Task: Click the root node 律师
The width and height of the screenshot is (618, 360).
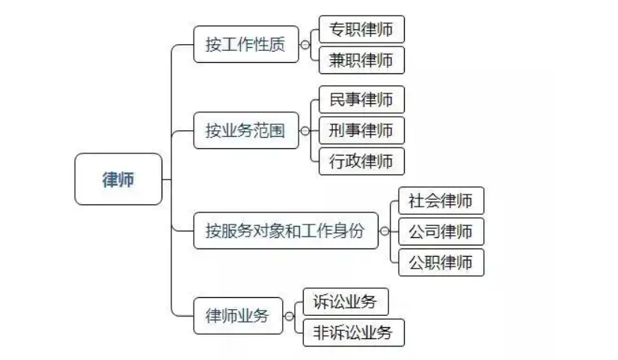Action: (118, 179)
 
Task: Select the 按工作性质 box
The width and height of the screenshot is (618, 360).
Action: (245, 44)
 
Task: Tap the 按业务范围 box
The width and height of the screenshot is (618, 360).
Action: (245, 131)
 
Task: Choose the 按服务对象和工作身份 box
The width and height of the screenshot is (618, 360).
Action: (285, 231)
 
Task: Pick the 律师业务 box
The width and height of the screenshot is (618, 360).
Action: (236, 316)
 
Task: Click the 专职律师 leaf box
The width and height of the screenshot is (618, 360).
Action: (361, 30)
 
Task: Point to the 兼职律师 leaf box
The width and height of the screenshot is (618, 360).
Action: (361, 61)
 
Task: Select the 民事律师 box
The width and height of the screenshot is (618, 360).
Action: (361, 100)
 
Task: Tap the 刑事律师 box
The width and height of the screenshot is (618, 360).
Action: (361, 131)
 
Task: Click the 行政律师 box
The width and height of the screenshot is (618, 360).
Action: (361, 162)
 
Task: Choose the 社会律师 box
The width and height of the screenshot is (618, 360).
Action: (441, 201)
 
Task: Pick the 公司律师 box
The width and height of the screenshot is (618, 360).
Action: (441, 232)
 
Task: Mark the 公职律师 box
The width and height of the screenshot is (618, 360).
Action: (441, 263)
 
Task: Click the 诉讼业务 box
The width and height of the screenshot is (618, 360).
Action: (345, 302)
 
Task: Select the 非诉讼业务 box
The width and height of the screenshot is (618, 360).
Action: (353, 333)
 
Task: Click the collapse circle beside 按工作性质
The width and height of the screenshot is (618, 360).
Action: (305, 45)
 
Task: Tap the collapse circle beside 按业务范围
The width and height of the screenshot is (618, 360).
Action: (305, 131)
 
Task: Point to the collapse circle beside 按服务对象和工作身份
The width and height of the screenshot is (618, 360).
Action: (385, 231)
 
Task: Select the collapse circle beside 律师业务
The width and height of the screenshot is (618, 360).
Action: (289, 317)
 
